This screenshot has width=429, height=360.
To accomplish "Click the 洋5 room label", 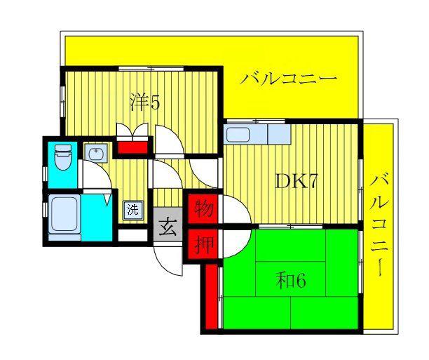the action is pyautogui.click(x=144, y=102).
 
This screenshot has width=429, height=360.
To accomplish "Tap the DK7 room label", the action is pyautogui.click(x=296, y=181).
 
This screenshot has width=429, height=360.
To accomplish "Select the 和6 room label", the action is pyautogui.click(x=291, y=280).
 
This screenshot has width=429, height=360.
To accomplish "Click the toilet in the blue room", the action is pyautogui.click(x=63, y=157).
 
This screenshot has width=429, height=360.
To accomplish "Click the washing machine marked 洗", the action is pyautogui.click(x=133, y=210).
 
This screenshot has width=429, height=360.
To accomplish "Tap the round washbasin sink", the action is pyautogui.click(x=95, y=152).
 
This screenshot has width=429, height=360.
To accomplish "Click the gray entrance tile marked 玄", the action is pyautogui.click(x=168, y=225).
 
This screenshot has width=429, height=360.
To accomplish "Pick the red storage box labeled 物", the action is pyautogui.click(x=203, y=208).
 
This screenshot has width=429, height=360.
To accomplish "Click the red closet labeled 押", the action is pyautogui.click(x=203, y=244).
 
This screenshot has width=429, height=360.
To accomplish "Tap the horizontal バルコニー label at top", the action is pyautogui.click(x=288, y=79).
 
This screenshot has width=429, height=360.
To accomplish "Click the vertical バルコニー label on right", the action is pyautogui.click(x=379, y=225).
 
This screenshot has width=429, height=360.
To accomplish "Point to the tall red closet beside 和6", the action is pyautogui.click(x=211, y=296).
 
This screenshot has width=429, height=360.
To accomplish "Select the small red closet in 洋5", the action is pyautogui.click(x=133, y=147).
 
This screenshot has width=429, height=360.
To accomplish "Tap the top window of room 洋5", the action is pyautogui.click(x=151, y=69).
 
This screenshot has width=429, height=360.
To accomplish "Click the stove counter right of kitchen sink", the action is pyautogui.click(x=279, y=134).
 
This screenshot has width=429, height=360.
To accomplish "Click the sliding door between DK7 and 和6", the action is pyautogui.click(x=291, y=226).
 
